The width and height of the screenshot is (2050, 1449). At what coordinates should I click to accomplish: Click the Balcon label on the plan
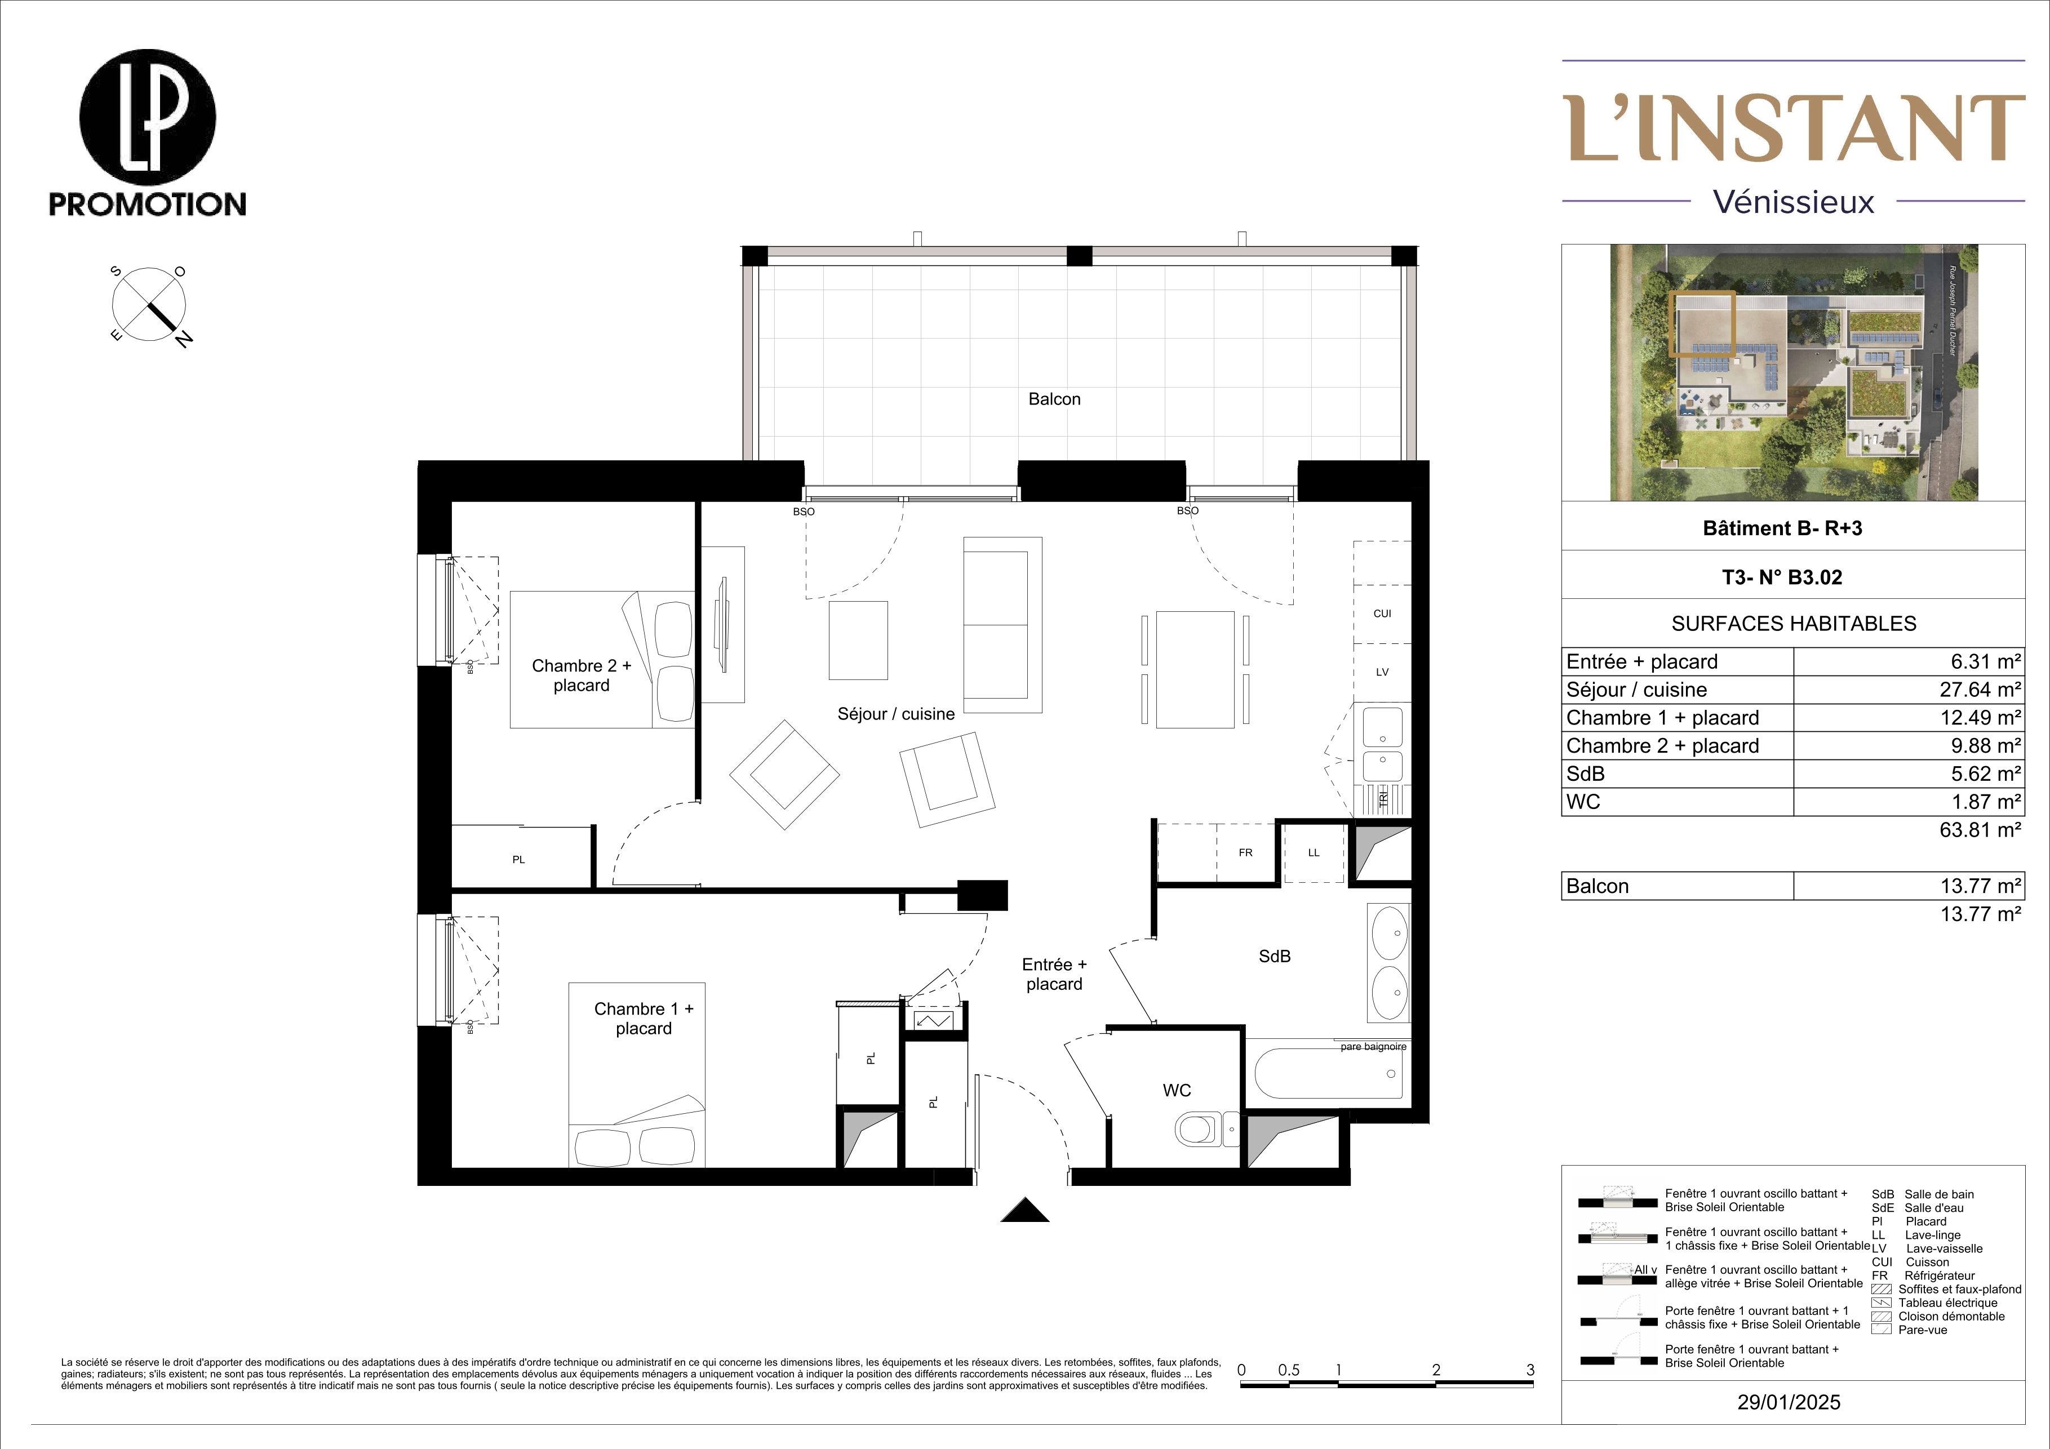point(1054,399)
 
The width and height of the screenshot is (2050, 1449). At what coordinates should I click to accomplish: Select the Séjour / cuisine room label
point(895,714)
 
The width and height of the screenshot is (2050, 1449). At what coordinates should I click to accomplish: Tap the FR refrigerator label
point(1245,852)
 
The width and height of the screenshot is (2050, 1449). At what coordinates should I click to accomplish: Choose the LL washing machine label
point(1314,852)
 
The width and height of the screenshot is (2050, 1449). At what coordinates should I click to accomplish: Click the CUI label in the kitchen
point(1382,614)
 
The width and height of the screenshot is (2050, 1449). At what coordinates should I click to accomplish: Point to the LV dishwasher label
point(1382,672)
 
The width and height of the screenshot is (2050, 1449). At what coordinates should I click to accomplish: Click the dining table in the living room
point(1195,670)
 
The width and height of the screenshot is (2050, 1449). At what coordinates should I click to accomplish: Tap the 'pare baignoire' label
point(1373,1046)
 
